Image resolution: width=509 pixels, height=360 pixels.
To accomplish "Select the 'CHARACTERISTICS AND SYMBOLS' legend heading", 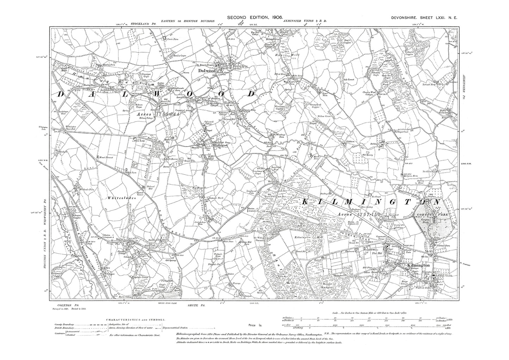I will point(135,319).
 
